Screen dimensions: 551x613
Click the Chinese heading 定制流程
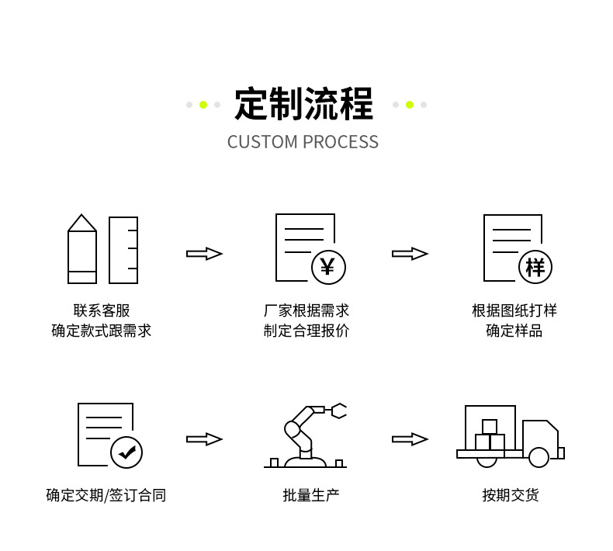[x=303, y=105]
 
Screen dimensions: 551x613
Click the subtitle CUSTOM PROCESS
[x=303, y=142]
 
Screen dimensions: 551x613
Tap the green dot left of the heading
[x=203, y=105]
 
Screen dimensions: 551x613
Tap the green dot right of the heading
[x=410, y=105]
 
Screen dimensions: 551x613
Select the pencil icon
[x=82, y=249]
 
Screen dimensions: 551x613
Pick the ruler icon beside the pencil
[x=123, y=250]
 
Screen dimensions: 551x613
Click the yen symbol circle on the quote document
[x=328, y=267]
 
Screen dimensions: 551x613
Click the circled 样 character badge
[x=535, y=267]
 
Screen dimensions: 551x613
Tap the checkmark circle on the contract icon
[x=126, y=452]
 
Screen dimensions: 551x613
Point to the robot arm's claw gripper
[x=338, y=411]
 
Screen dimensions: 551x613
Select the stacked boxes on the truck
[x=490, y=437]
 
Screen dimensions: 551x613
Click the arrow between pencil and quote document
[x=204, y=254]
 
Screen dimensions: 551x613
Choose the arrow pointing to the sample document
[x=410, y=254]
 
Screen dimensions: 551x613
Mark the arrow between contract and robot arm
[x=204, y=439]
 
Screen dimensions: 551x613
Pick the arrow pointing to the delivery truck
[x=410, y=439]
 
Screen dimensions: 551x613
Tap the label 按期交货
[x=511, y=495]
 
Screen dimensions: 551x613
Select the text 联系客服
[x=102, y=310]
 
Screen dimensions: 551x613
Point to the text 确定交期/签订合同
[x=106, y=495]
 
